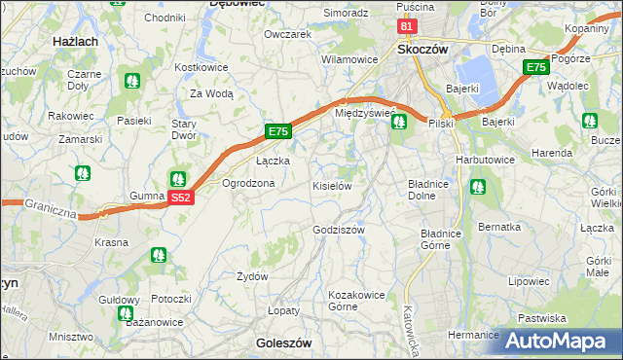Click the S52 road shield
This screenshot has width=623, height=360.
pyautogui.click(x=181, y=198)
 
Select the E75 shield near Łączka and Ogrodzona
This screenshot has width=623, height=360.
pyautogui.click(x=277, y=131)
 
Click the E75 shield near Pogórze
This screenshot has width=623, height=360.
pyautogui.click(x=535, y=67)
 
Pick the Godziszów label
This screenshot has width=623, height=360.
pyautogui.click(x=338, y=231)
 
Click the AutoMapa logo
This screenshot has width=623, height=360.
pyautogui.click(x=560, y=340)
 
